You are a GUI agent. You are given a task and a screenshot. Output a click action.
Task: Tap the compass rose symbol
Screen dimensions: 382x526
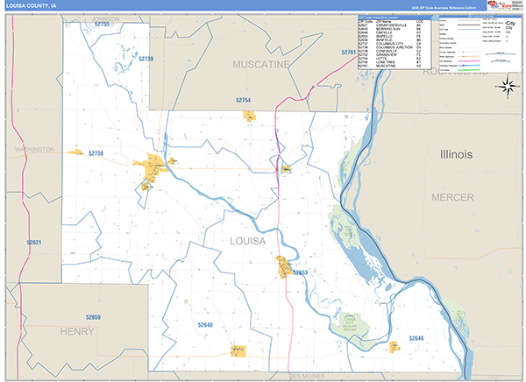pos(506,85)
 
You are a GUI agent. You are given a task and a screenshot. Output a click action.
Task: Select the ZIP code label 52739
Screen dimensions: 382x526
pos(146,59)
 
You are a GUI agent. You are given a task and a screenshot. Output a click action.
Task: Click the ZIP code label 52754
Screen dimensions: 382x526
pos(244,101)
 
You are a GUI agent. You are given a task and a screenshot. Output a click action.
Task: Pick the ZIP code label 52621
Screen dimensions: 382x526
pos(33,242)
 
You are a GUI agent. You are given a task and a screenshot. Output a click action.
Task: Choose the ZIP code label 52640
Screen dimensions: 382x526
pos(205,325)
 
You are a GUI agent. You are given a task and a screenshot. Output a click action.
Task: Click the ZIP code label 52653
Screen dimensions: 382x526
pos(301,273)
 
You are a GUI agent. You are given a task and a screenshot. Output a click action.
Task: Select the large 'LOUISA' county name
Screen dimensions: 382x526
pos(247,241)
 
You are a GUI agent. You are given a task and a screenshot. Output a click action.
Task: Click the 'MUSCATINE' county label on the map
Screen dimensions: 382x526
pos(260,64)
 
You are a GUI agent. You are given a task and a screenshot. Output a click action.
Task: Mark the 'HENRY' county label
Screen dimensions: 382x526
pos(77,332)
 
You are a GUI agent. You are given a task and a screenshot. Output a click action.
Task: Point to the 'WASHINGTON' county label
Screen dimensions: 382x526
pos(34,150)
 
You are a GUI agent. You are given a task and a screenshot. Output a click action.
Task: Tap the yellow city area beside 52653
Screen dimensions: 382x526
pos(285,267)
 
